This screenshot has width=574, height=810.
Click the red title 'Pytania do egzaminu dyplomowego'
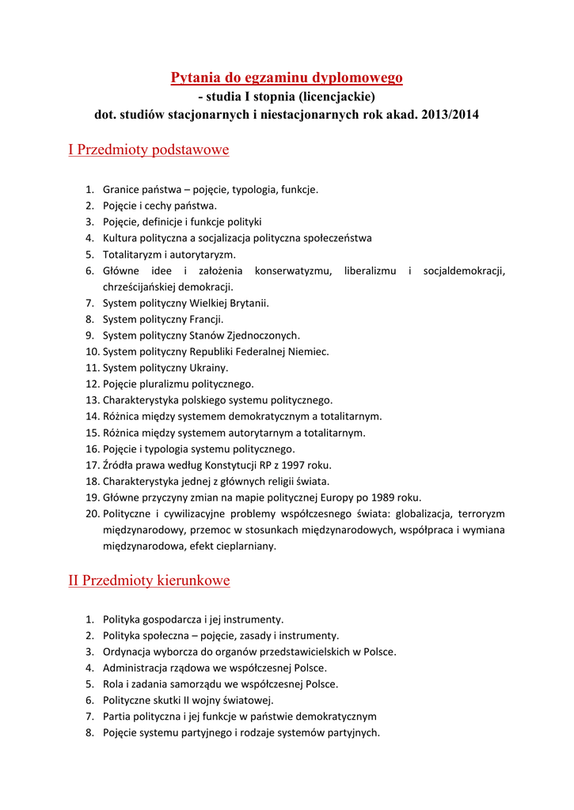click(x=287, y=78)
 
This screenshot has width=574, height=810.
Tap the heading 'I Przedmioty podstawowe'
click(x=149, y=150)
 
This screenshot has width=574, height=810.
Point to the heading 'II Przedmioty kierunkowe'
click(x=149, y=581)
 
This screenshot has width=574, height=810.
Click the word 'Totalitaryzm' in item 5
click(x=131, y=255)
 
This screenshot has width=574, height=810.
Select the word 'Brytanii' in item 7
click(x=249, y=303)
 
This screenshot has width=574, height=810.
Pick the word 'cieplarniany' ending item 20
click(x=247, y=546)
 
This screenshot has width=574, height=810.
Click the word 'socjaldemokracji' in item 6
click(x=464, y=271)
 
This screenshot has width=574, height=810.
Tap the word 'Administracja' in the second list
click(x=135, y=668)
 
